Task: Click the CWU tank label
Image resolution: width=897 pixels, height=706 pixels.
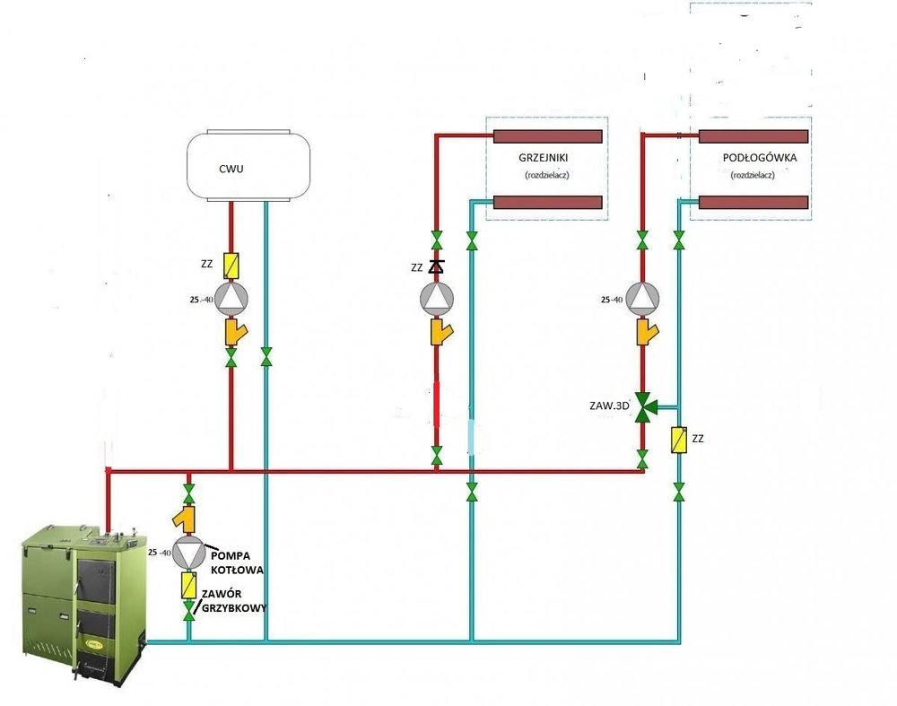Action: (231, 169)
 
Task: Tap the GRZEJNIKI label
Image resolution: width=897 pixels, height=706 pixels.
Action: (544, 157)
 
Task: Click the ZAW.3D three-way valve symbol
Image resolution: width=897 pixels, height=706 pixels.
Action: (644, 406)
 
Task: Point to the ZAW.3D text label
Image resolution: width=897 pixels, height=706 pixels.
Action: (610, 405)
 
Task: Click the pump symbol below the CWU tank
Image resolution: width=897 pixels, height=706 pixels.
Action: (231, 300)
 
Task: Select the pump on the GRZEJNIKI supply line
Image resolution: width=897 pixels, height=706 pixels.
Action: (437, 298)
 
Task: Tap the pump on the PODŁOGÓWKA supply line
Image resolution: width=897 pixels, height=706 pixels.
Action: (642, 298)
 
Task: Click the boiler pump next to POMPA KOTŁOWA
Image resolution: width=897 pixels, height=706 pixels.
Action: (188, 552)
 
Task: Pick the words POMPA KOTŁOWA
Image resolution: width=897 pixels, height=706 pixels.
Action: (237, 562)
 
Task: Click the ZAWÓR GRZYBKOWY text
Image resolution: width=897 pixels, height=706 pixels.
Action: (234, 601)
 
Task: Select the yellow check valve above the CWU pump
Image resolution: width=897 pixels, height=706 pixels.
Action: (231, 265)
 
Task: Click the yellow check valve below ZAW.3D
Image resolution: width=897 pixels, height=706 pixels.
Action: (679, 440)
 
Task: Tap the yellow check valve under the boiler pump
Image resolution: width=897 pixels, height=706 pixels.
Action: (188, 585)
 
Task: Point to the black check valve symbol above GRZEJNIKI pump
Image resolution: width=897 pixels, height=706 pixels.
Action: (437, 266)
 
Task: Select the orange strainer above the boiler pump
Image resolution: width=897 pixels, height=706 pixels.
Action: (185, 516)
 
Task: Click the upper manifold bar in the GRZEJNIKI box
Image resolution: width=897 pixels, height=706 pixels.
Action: (547, 136)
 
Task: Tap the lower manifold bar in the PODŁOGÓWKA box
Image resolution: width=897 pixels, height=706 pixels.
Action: (753, 202)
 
